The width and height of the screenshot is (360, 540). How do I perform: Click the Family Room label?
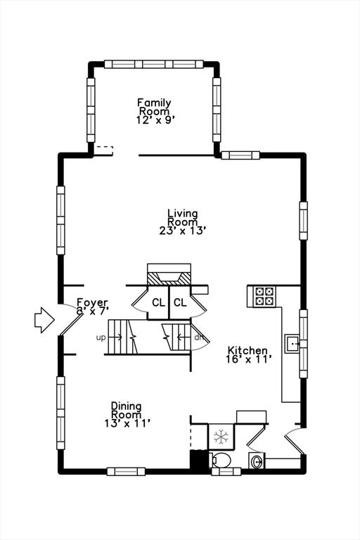tap(154, 107)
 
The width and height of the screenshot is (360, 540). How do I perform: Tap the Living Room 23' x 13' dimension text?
tap(183, 231)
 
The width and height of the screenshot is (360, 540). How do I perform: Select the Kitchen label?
tap(247, 351)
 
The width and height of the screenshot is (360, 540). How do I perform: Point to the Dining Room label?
tap(126, 410)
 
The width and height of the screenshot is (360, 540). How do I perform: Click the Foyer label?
tap(92, 302)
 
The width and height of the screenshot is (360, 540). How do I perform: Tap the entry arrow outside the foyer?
tap(44, 320)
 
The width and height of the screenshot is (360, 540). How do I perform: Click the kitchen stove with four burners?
tap(264, 297)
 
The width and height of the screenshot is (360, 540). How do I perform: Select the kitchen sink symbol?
tap(292, 343)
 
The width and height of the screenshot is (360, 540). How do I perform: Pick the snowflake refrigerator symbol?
tap(221, 437)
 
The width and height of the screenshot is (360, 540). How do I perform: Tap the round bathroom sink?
tap(257, 461)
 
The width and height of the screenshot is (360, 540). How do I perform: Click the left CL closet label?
tap(158, 303)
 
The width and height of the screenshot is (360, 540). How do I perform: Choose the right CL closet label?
tap(180, 303)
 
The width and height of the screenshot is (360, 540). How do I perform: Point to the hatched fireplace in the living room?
tap(169, 278)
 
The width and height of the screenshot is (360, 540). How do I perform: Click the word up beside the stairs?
tap(101, 337)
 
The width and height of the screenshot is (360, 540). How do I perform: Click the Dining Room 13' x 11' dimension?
tap(127, 423)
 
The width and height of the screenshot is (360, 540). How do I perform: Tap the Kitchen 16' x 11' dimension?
tap(250, 359)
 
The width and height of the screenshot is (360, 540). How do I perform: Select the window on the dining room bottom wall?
tap(126, 472)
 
